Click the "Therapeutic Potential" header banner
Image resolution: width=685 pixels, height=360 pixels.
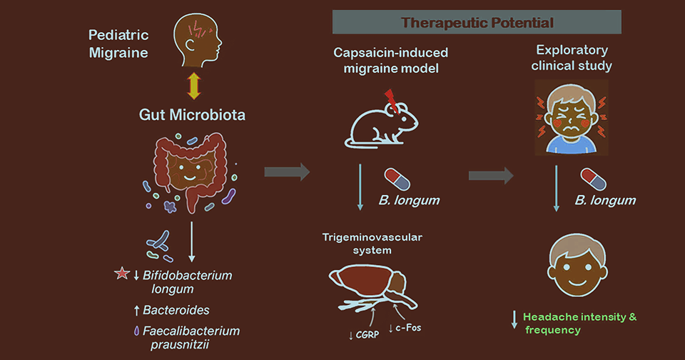click(477, 22)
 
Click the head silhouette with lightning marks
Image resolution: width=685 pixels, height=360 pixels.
click(197, 42)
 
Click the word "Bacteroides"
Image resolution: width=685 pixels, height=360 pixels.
click(176, 310)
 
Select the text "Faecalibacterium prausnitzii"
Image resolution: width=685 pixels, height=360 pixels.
click(189, 336)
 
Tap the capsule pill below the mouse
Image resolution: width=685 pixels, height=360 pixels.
click(397, 179)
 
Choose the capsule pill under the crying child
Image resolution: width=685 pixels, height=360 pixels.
click(594, 179)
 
